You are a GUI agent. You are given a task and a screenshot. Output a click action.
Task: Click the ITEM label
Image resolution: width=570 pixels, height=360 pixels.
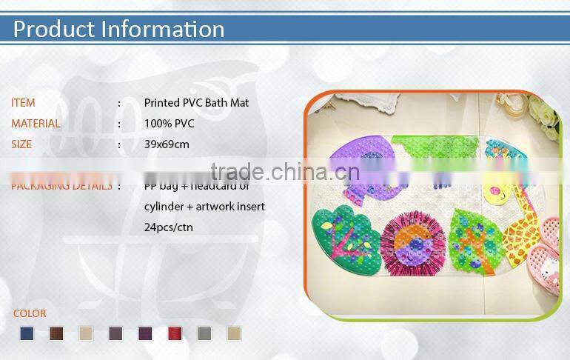pos(23,103)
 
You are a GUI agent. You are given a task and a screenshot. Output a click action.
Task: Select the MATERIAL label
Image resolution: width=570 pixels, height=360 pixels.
pos(36,124)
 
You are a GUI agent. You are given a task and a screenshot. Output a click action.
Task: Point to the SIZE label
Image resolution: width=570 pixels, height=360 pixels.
pos(21,144)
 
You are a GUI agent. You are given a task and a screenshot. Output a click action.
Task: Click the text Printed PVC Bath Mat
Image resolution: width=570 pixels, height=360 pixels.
pos(196,103)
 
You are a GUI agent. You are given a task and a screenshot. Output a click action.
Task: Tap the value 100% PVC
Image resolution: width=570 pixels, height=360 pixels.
pos(169,124)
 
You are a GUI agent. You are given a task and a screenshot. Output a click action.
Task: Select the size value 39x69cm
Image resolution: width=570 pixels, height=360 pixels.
pos(167,144)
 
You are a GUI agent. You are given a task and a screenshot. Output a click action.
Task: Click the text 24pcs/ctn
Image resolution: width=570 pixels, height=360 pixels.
pos(168,227)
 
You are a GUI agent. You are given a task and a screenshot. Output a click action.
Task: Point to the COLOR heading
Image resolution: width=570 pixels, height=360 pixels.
pos(30,313)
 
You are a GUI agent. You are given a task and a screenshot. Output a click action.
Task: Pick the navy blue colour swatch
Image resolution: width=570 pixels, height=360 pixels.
pos(27,334)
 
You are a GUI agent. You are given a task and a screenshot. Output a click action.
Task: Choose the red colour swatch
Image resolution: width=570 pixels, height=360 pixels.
pos(175,334)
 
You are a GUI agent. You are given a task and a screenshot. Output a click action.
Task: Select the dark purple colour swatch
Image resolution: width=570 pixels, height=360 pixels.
pos(145,334)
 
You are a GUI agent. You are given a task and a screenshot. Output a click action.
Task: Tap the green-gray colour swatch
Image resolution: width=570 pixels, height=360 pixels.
pos(204,334)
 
